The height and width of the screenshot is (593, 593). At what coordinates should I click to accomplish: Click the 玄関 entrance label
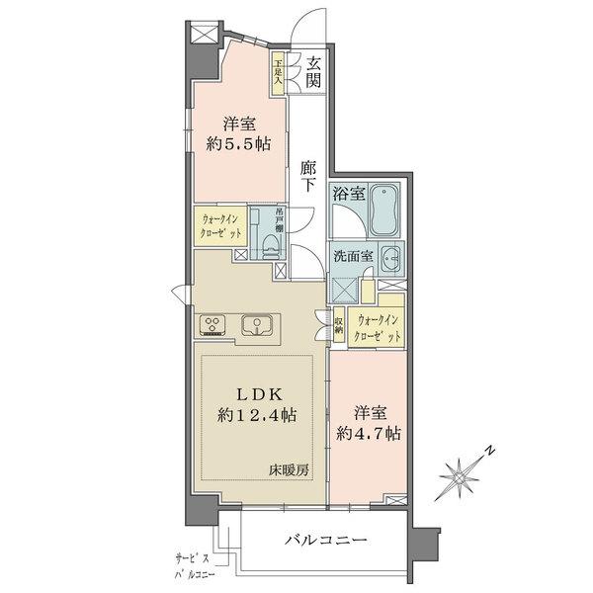pyautogui.click(x=313, y=73)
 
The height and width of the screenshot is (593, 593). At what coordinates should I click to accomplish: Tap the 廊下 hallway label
pyautogui.click(x=309, y=176)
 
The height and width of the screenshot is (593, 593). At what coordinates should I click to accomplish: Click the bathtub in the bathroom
pyautogui.click(x=383, y=208)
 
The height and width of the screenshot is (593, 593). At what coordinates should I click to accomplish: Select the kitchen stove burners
pyautogui.click(x=214, y=324)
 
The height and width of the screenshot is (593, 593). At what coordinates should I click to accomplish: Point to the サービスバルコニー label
pyautogui.click(x=191, y=563)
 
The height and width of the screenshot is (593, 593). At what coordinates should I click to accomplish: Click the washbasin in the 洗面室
pyautogui.click(x=389, y=258)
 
